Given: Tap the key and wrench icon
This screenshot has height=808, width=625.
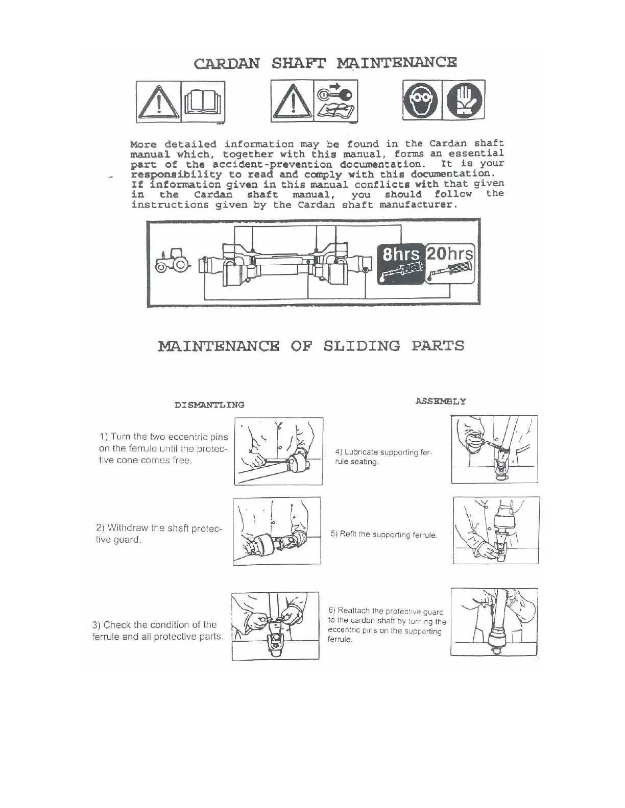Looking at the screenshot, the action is tap(335, 101).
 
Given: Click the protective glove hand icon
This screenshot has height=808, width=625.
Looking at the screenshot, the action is tap(464, 99).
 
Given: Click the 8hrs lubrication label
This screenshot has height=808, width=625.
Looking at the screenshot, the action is tap(401, 254).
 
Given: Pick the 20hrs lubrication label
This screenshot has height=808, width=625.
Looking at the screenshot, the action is tap(450, 253).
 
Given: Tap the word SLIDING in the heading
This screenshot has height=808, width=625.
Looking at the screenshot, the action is tap(362, 346).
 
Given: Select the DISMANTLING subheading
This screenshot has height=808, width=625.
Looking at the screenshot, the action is tap(209, 405).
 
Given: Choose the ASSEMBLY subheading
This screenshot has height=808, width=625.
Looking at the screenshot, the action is tap(440, 401).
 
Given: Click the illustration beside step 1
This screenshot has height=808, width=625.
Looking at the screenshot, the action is tap(279, 451).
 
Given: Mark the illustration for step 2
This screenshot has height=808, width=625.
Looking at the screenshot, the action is tap(277, 531).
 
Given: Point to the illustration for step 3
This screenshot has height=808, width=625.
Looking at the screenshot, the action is tap(275, 626).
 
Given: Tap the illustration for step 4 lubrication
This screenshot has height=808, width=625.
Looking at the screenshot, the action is tap(494, 449).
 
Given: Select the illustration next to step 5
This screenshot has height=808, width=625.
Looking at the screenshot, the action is tap(496, 531).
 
